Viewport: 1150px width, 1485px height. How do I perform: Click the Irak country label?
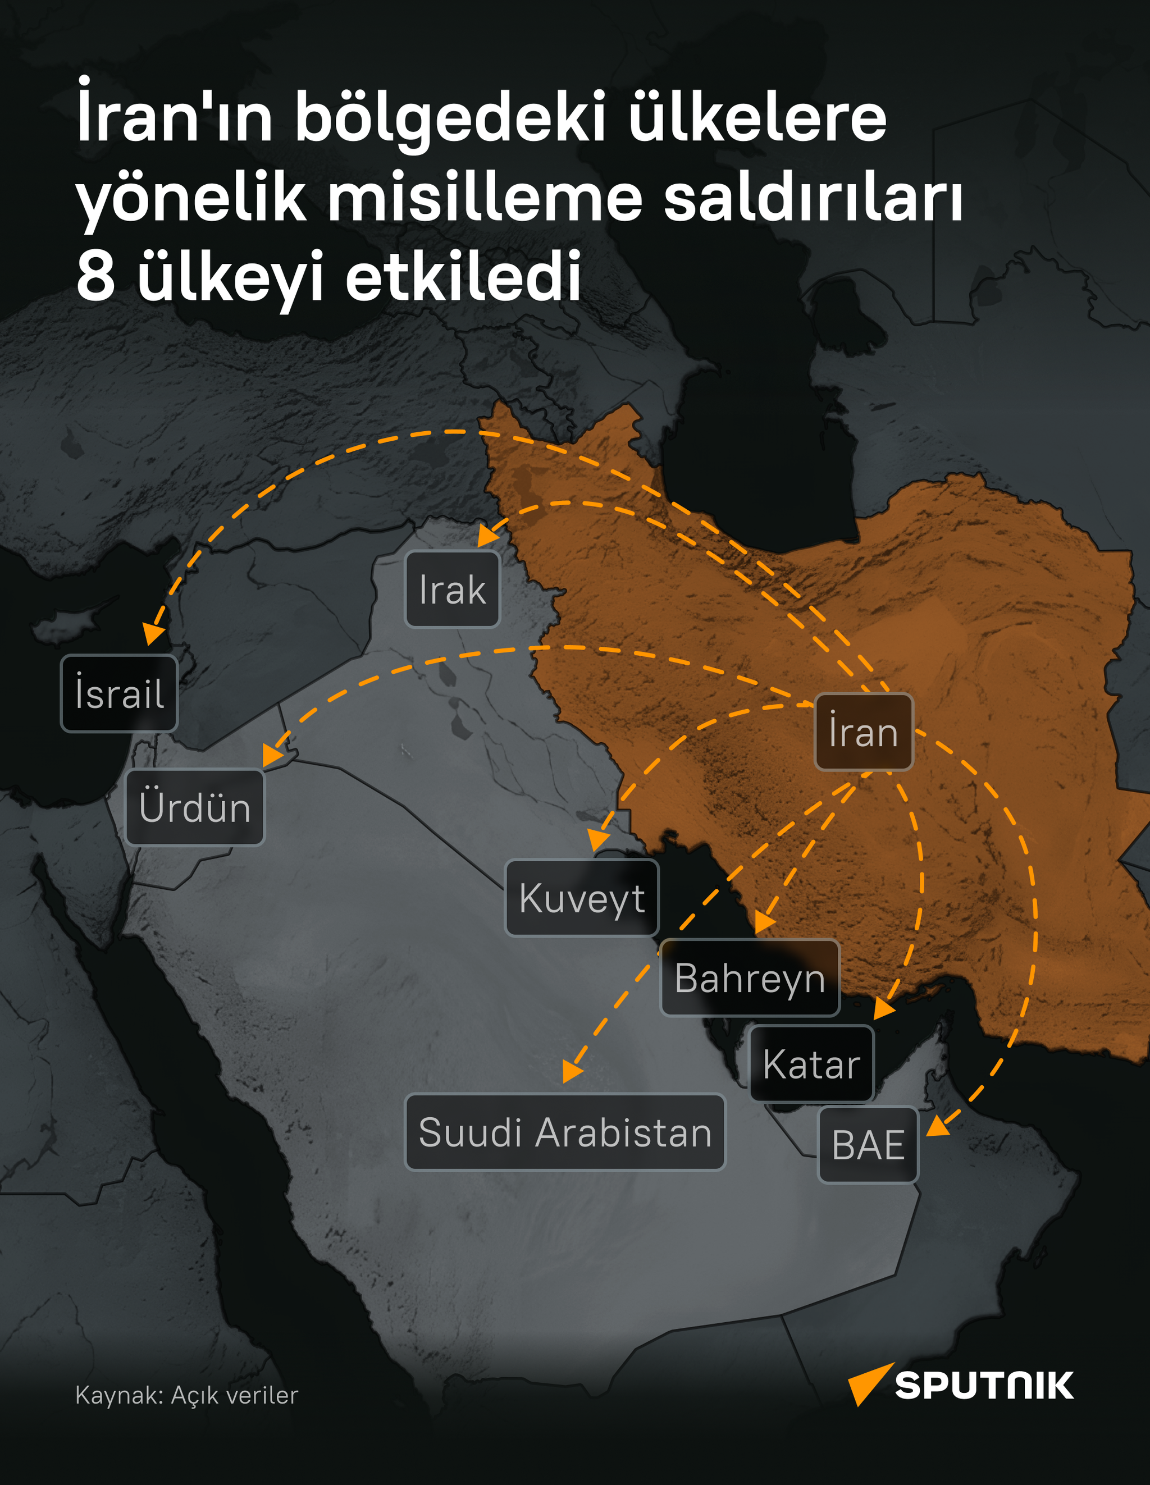[x=452, y=589]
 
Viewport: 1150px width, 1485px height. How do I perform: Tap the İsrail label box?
[x=119, y=693]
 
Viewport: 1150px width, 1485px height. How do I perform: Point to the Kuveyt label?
[x=582, y=898]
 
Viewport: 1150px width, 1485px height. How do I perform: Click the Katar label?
[x=811, y=1064]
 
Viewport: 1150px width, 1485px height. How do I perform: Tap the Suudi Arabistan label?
[x=565, y=1132]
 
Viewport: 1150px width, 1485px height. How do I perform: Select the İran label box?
[x=863, y=732]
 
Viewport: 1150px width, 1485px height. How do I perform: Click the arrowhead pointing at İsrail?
[x=154, y=634]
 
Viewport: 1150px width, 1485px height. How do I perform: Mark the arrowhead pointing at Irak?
[x=486, y=536]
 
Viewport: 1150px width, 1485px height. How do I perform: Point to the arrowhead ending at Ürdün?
[x=272, y=756]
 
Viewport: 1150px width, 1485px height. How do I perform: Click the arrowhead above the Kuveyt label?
[x=598, y=840]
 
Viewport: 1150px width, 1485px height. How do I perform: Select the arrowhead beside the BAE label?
[x=938, y=1127]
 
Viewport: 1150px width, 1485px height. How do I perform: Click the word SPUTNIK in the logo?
[x=983, y=1386]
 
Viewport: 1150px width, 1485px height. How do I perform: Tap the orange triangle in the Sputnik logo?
[x=866, y=1382]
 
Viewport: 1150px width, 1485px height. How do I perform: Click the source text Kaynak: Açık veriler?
[x=186, y=1395]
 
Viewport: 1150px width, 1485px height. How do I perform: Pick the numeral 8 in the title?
[x=95, y=276]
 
